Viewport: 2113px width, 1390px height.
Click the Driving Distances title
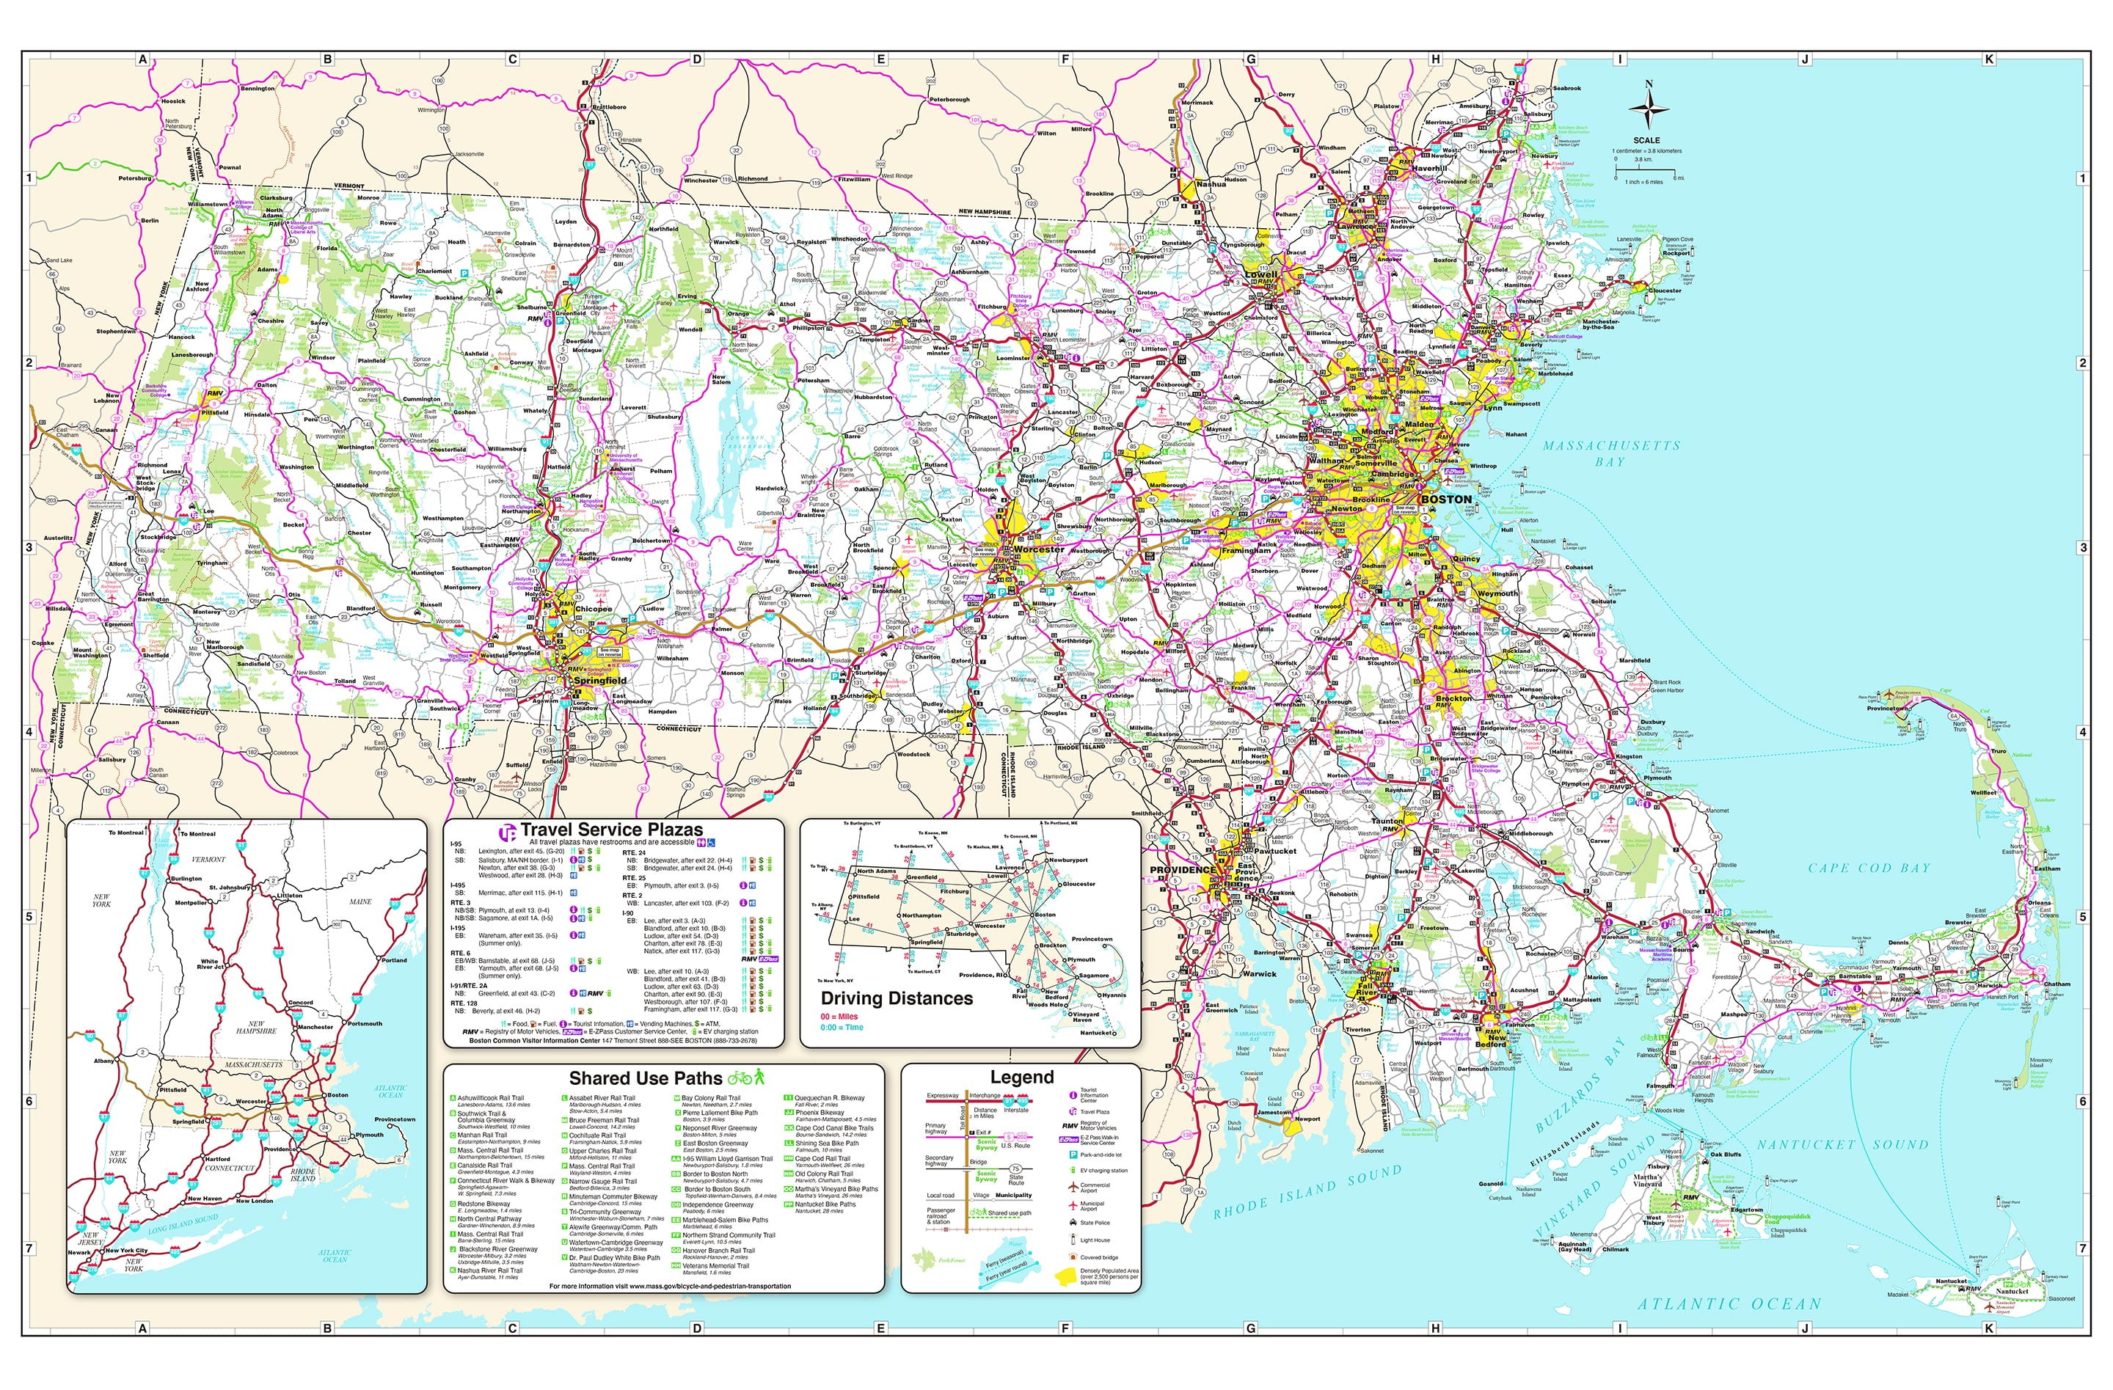pos(896,998)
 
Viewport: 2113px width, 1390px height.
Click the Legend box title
pos(1021,1078)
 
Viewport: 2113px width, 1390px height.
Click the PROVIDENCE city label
pos(1183,870)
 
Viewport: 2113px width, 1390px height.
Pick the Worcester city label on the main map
pos(1038,549)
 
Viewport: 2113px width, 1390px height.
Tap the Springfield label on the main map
pos(600,681)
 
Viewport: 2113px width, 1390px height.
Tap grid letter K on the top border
pos(1989,59)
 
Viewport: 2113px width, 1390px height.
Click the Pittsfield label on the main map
pos(214,413)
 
